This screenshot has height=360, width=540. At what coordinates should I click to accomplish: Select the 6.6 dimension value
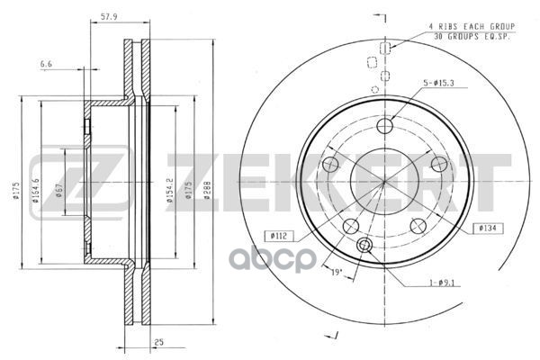coord(46,63)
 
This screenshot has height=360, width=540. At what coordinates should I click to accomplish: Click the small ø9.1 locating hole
coord(364,247)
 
